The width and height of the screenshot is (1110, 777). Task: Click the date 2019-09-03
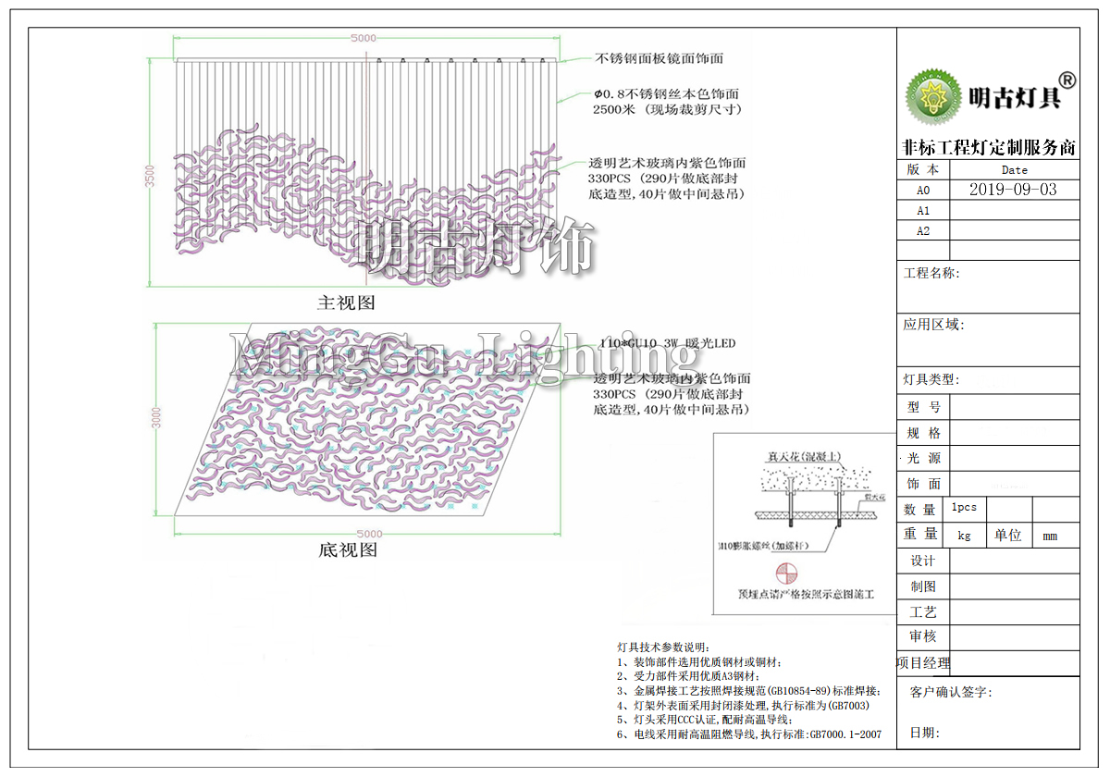(x=1012, y=190)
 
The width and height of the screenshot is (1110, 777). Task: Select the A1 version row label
(x=923, y=211)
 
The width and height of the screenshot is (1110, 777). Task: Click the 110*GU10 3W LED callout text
(x=667, y=343)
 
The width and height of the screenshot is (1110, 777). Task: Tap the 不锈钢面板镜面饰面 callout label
(x=659, y=58)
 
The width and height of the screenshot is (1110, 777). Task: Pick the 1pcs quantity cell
(x=964, y=508)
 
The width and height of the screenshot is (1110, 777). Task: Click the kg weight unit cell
(x=964, y=535)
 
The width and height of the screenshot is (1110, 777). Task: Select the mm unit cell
(x=1050, y=535)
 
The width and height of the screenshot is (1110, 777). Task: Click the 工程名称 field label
(x=931, y=273)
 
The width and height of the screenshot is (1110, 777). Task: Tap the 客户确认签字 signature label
(x=951, y=692)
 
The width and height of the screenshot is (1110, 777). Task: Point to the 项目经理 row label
(x=923, y=662)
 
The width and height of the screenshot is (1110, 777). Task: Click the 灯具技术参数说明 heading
(x=660, y=646)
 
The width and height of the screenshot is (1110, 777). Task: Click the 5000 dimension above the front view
(x=363, y=38)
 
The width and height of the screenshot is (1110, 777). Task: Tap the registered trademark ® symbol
(x=1066, y=80)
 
